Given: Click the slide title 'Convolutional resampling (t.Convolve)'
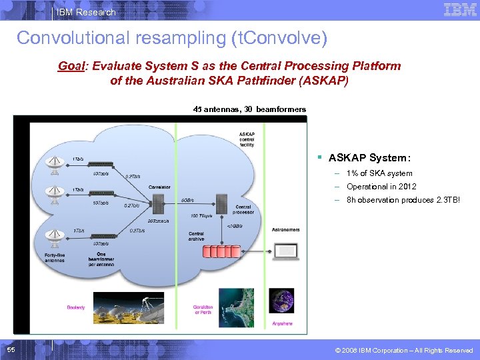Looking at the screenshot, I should tap(172, 38).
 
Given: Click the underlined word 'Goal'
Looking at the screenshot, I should tap(72, 66).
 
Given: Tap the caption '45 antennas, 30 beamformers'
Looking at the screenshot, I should tap(249, 109).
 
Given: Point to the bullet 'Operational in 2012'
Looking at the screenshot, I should tap(381, 187).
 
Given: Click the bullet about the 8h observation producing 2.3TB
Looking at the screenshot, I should tap(403, 200).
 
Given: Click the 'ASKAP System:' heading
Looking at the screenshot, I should tap(369, 158).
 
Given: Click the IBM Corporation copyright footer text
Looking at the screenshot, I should tap(405, 350).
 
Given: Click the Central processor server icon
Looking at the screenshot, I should tap(221, 199).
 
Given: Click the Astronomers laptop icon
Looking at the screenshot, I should tap(285, 251).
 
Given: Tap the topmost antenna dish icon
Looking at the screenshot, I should tap(54, 164).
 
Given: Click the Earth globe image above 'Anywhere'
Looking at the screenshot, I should tap(283, 306).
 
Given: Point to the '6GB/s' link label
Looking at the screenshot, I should tap(187, 200).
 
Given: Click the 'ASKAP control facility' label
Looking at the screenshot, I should tap(247, 139).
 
